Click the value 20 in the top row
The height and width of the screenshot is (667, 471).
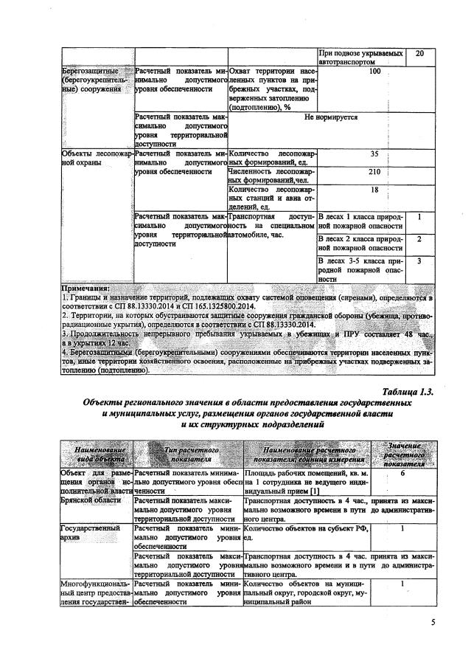[x=419, y=54]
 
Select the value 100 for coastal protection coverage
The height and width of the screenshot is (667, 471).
[x=374, y=72]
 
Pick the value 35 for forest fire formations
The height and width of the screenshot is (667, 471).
[x=374, y=153]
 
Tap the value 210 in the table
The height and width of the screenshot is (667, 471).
[x=374, y=172]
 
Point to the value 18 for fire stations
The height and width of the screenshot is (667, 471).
[x=374, y=190]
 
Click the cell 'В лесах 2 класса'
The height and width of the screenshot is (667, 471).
[x=360, y=243]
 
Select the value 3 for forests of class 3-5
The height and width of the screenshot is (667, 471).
[x=419, y=260]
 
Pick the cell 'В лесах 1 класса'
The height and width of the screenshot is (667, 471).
[x=360, y=222]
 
